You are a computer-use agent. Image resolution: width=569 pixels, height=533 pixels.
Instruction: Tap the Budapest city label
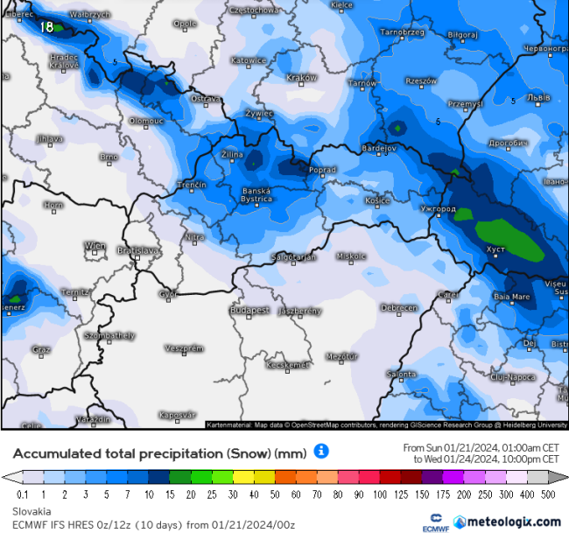pyautogui.click(x=249, y=310)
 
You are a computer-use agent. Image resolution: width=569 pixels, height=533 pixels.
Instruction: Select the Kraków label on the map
pyautogui.click(x=302, y=77)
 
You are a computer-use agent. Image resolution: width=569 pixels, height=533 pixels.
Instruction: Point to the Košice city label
pyautogui.click(x=377, y=200)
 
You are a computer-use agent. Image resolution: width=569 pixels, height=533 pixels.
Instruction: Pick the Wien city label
pyautogui.click(x=95, y=246)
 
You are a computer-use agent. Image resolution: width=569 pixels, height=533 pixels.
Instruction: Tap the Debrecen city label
pyautogui.click(x=398, y=307)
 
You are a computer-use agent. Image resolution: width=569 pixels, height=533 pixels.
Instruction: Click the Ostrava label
pyautogui.click(x=206, y=98)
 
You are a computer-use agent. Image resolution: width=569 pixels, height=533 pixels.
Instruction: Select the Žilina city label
pyautogui.click(x=233, y=153)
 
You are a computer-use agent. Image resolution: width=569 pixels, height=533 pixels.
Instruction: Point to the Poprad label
pyautogui.click(x=322, y=169)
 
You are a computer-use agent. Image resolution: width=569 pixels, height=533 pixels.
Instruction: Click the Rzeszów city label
pyautogui.click(x=421, y=81)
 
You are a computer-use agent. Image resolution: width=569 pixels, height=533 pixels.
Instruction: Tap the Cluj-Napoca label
pyautogui.click(x=512, y=376)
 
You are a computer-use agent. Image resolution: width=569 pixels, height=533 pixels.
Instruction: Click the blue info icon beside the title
pyautogui.click(x=321, y=452)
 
